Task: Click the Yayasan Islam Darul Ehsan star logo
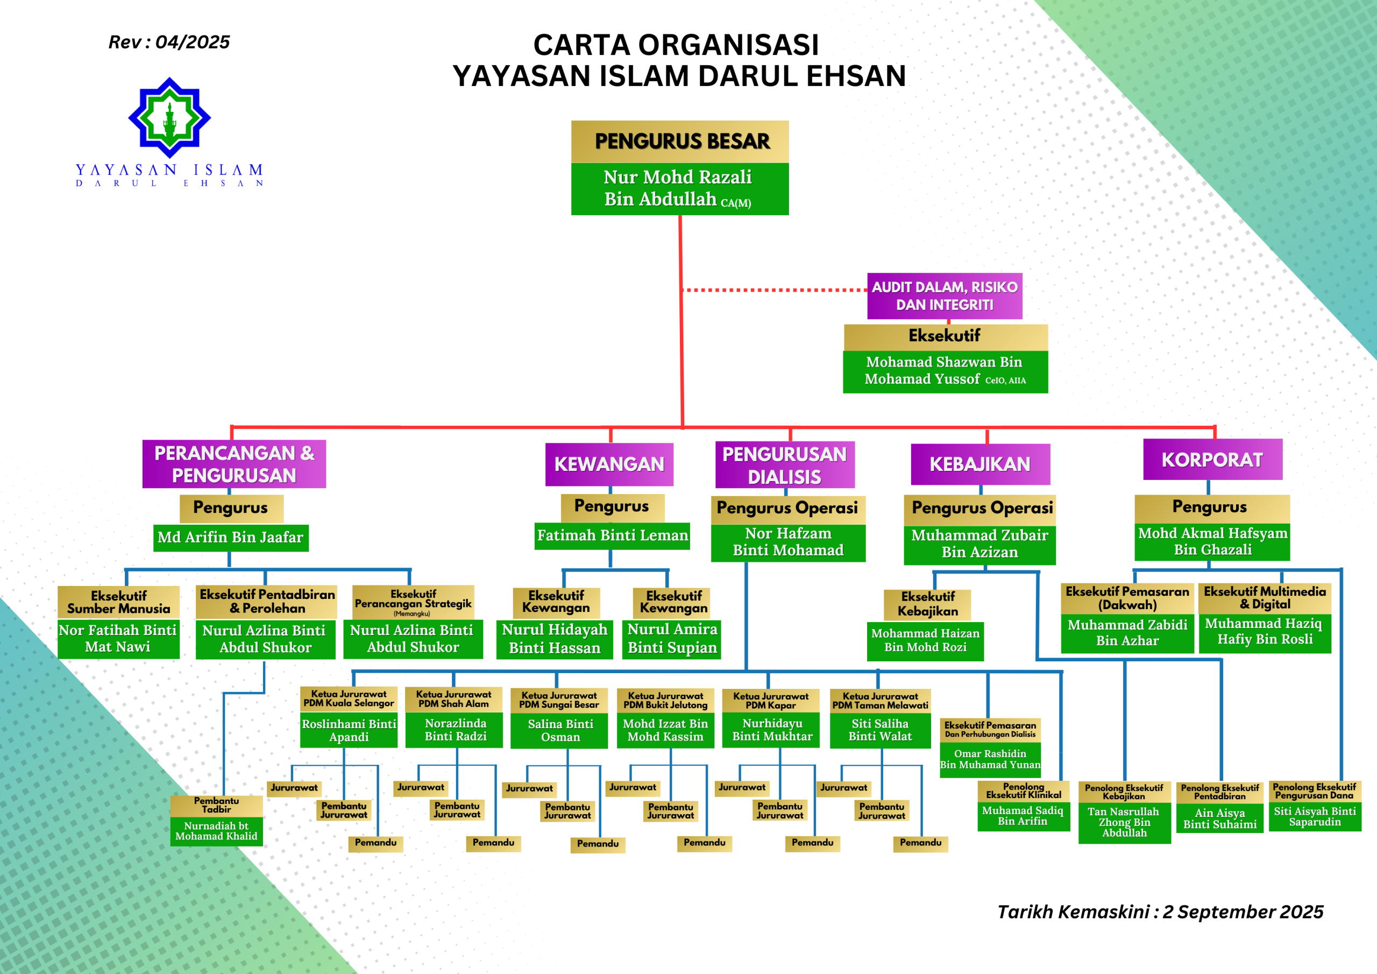(x=170, y=118)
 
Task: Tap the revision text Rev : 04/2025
(x=168, y=42)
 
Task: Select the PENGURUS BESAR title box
(x=679, y=142)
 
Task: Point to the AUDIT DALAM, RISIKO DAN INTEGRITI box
(x=944, y=296)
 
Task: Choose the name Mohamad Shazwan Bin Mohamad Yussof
(x=945, y=371)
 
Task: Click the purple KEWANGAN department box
(x=609, y=464)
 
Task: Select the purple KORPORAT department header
(x=1212, y=460)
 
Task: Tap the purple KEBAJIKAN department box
(x=979, y=464)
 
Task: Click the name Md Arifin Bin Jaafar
(x=230, y=537)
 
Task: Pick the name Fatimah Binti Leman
(x=612, y=535)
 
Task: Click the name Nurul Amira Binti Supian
(x=672, y=639)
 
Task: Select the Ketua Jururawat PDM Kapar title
(x=771, y=700)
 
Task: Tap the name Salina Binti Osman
(x=559, y=730)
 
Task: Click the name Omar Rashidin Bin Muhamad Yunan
(x=990, y=759)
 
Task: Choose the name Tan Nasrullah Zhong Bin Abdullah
(x=1124, y=822)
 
